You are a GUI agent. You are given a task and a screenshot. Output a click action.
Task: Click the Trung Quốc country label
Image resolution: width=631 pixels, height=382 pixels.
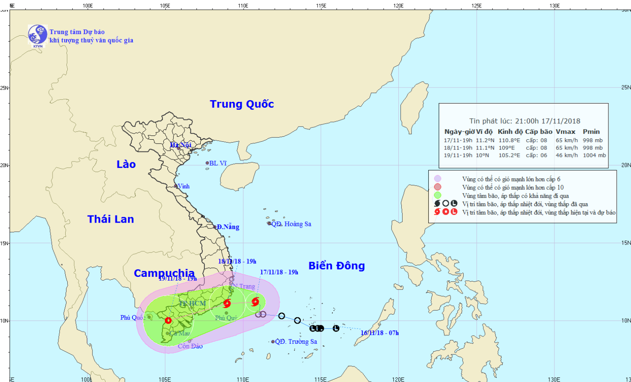[x=242, y=104]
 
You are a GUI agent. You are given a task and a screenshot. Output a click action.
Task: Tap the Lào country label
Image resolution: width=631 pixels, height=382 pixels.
[x=126, y=164]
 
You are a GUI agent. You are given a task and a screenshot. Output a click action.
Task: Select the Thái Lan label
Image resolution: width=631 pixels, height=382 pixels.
[x=111, y=219]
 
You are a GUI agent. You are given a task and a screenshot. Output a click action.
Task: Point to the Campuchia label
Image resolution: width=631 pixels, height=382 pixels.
[x=164, y=273]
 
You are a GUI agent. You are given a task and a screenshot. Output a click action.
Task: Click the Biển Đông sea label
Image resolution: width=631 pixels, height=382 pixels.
[x=337, y=265]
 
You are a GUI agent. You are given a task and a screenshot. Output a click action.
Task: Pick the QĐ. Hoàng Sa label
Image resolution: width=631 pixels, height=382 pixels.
[x=291, y=224]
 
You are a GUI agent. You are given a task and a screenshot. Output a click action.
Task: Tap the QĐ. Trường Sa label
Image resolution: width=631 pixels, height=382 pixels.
[x=296, y=342]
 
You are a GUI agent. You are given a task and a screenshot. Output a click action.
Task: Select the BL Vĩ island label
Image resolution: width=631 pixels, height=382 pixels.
[x=217, y=163]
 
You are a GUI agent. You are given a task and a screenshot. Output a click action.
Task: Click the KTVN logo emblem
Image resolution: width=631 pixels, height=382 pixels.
[x=37, y=34]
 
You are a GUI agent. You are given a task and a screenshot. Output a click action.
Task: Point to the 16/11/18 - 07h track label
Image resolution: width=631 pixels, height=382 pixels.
[x=379, y=333]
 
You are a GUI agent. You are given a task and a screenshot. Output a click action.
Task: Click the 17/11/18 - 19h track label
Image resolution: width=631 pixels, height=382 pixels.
[x=279, y=272]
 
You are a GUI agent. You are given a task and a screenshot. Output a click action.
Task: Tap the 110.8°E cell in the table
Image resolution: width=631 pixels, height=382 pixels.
[x=509, y=141]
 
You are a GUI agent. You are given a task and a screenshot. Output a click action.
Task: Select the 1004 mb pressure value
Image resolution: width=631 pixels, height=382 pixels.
[x=594, y=155]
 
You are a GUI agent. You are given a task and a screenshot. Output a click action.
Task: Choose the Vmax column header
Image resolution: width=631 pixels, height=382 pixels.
[x=565, y=132]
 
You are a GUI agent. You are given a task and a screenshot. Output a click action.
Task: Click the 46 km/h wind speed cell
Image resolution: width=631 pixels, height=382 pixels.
[x=566, y=155]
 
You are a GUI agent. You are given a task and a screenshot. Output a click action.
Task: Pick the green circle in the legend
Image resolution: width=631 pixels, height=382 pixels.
[x=437, y=195]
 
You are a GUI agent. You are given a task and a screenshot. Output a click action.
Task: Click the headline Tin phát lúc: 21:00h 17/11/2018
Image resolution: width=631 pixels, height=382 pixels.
[x=525, y=121]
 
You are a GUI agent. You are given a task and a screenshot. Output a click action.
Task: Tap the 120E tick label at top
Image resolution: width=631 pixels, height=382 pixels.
[x=398, y=5]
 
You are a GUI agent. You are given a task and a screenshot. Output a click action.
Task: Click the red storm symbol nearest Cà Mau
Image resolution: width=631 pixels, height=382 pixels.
[x=168, y=321]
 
